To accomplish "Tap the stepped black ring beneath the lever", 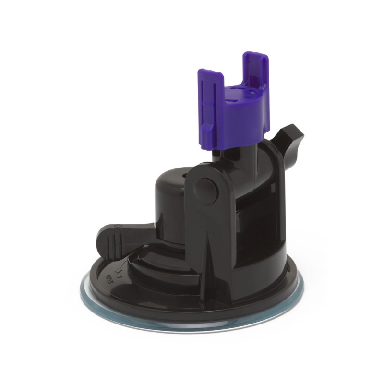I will pyautogui.click(x=158, y=269).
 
